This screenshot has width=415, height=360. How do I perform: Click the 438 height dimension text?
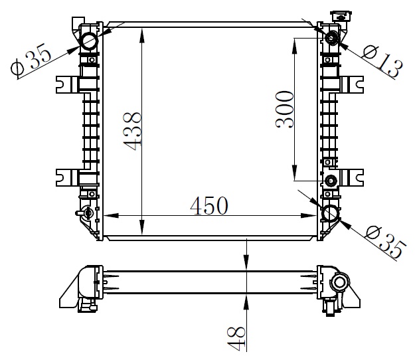tap(132, 132)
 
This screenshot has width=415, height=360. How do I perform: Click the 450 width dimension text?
tap(209, 206)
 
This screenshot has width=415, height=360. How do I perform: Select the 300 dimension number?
tap(285, 110)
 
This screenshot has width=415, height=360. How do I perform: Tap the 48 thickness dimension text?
tap(236, 339)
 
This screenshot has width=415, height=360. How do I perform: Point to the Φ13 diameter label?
tap(382, 60)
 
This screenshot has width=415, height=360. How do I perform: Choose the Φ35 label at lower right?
tap(385, 242)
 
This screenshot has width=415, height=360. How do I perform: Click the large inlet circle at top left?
tap(90, 41)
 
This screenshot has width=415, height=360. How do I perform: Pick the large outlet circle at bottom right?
tap(331, 213)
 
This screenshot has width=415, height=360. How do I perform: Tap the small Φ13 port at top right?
tap(331, 37)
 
